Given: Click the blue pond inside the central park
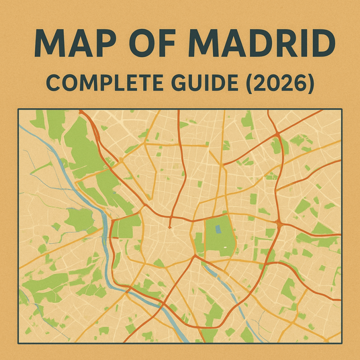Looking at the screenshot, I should click(218, 229).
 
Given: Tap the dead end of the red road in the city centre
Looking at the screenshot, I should click(170, 227).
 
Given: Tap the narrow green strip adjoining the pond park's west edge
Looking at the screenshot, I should click(199, 243).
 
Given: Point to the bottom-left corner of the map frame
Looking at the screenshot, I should click(18, 343).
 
